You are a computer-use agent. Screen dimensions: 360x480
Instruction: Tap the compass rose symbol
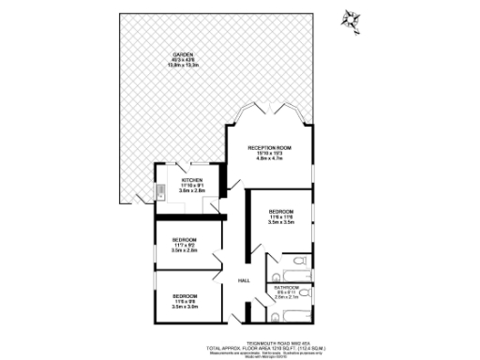(352, 18)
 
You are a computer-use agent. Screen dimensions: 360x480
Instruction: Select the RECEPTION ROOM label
(270, 148)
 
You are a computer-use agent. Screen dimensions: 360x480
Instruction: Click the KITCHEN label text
(192, 179)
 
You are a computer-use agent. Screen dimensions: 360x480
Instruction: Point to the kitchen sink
(161, 197)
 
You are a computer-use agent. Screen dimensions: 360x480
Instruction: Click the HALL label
(244, 281)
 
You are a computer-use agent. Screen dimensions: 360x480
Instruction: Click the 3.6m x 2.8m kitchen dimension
(192, 190)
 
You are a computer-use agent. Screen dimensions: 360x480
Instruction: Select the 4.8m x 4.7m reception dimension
(270, 159)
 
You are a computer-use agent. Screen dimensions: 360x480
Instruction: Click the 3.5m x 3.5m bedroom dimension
(281, 222)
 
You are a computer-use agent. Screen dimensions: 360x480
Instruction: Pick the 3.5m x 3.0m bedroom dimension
(185, 306)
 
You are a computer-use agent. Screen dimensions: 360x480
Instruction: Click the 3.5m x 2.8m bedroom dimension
(185, 251)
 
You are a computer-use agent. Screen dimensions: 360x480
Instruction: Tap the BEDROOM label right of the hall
(281, 211)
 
